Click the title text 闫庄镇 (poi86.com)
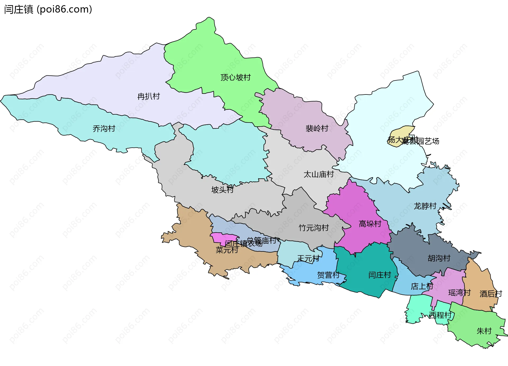click(48, 9)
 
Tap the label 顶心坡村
click(235, 78)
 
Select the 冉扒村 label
click(148, 96)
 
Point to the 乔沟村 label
click(104, 129)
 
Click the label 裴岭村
click(317, 129)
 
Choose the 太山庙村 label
click(319, 174)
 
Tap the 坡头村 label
click(222, 190)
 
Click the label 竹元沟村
click(314, 228)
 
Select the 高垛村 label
click(370, 224)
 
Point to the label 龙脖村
click(425, 206)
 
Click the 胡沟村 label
click(439, 258)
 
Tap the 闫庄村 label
click(379, 275)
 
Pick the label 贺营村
click(328, 275)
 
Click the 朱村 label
click(484, 331)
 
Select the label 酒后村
click(491, 294)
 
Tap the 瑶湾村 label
click(459, 293)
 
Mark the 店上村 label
click(422, 286)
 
